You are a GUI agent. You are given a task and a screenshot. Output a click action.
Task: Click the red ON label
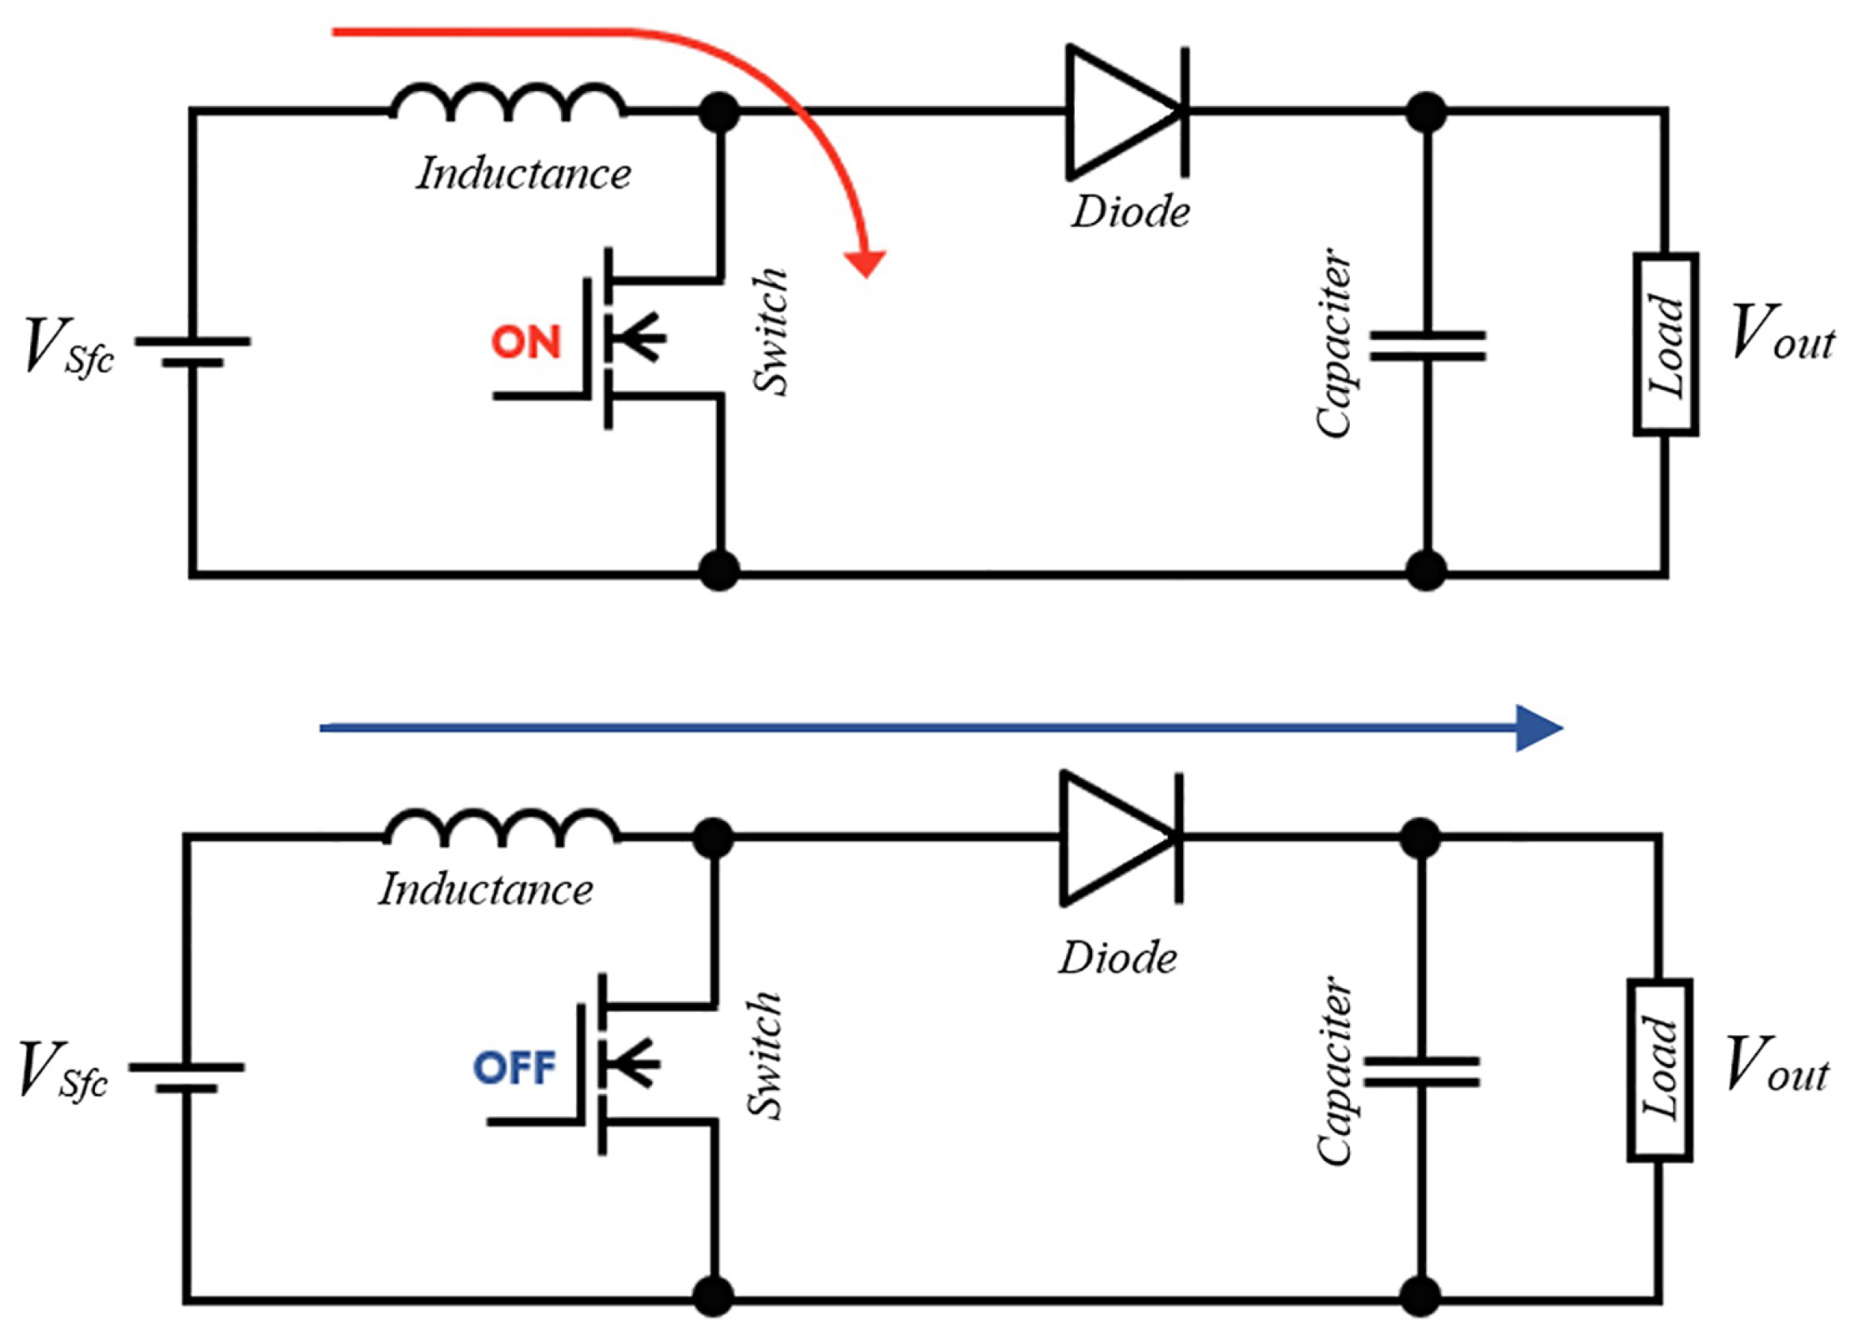click(x=525, y=343)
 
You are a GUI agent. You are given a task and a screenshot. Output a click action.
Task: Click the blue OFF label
click(x=514, y=1068)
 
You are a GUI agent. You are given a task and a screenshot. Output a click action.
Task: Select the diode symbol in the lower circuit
click(x=1120, y=838)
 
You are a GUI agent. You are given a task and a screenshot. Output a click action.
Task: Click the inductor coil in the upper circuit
click(x=508, y=101)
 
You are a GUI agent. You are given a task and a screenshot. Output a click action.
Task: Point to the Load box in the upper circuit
click(x=1666, y=344)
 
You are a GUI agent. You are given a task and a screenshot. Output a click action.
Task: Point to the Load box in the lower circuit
click(x=1659, y=1069)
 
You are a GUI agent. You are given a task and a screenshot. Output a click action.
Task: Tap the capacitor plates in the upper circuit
click(x=1427, y=346)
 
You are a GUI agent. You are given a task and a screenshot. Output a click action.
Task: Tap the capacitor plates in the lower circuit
click(x=1420, y=1071)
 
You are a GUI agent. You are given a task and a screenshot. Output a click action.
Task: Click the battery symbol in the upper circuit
click(x=192, y=350)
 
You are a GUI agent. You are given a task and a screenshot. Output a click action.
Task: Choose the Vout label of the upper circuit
click(x=1782, y=334)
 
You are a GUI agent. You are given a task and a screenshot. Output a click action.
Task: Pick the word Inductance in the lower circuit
click(x=486, y=891)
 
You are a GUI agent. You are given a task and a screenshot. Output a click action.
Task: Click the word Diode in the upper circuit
click(x=1131, y=213)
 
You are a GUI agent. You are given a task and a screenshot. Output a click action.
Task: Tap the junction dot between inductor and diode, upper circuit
click(x=719, y=112)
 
